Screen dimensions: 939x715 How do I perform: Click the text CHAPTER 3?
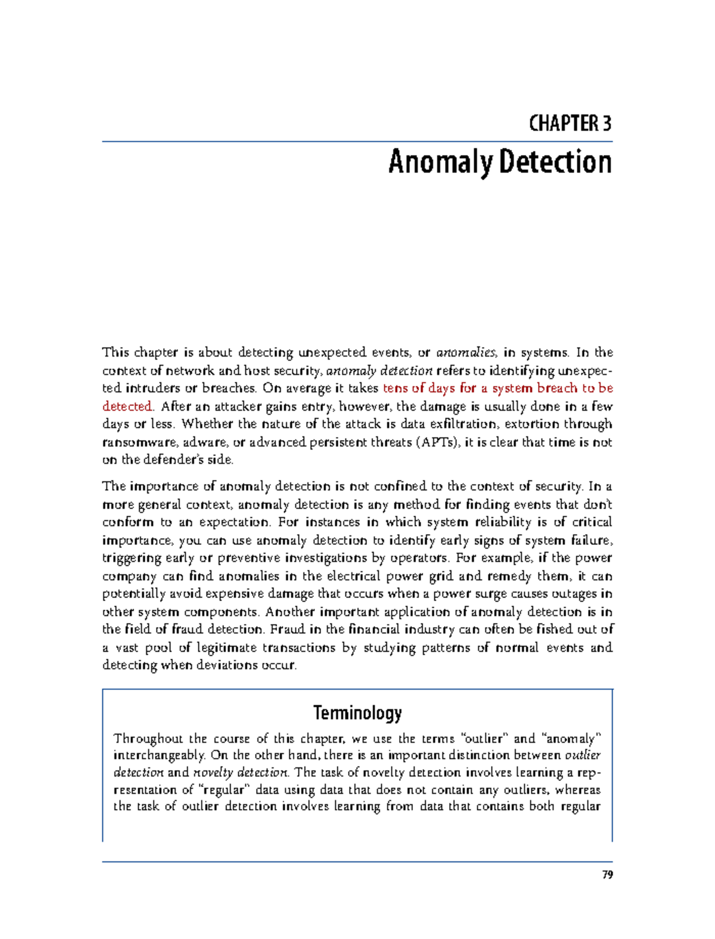point(570,123)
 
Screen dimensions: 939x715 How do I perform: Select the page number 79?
point(607,875)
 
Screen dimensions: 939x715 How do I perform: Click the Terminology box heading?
point(357,712)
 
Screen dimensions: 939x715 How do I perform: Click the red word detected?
point(128,407)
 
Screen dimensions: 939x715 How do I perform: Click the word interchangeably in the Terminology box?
point(160,755)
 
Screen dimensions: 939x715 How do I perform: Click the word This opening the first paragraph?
point(116,352)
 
